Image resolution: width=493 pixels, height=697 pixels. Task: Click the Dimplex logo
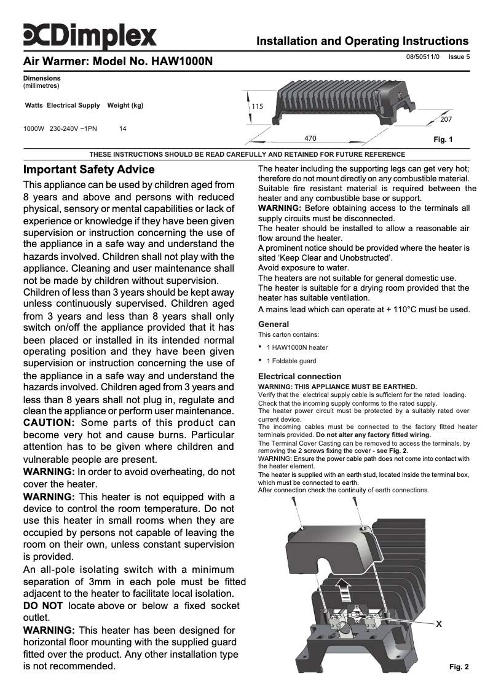(90, 36)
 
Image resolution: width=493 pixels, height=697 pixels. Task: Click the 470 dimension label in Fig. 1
(310, 138)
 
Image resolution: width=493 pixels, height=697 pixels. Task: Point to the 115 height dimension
(257, 106)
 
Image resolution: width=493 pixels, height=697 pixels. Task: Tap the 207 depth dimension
(446, 119)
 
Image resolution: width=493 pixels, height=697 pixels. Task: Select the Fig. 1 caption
(443, 140)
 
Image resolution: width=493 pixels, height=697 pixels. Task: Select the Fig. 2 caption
(459, 666)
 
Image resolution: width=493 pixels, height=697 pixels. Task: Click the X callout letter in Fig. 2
(439, 624)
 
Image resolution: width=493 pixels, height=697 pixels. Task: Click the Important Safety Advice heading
(89, 169)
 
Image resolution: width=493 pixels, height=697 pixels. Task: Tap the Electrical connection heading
(299, 376)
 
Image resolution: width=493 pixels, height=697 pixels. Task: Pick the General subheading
(274, 324)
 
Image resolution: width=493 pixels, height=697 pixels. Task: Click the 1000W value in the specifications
(33, 129)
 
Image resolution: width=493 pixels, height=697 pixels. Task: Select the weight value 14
(123, 129)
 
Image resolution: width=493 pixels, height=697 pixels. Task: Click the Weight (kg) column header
(125, 106)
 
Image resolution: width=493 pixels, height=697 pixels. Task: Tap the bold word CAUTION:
(49, 423)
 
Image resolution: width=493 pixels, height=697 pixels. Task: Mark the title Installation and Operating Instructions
(362, 41)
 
